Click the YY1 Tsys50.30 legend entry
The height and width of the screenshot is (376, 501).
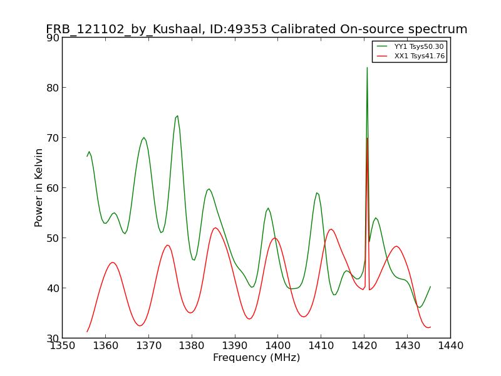pos(411,46)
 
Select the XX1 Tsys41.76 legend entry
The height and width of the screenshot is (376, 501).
pos(411,56)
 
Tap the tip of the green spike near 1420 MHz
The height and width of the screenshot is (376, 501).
pos(367,68)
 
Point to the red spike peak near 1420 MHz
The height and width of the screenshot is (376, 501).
pos(368,138)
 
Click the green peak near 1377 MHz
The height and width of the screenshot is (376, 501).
pos(177,116)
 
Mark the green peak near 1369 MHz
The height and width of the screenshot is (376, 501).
pos(144,137)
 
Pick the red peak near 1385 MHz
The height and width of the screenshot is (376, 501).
pos(215,227)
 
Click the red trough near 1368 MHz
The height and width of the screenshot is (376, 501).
pos(140,326)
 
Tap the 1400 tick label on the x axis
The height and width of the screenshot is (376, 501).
pos(277,346)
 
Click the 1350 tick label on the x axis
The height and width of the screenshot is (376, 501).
pos(62,346)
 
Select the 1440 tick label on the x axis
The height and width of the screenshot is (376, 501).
pos(450,346)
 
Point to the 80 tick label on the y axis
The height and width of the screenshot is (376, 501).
pos(53,88)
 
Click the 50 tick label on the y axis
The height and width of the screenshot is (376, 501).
pos(53,238)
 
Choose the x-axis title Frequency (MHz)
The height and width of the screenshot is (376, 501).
pos(257,358)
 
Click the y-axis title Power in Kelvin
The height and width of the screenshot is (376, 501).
pos(39,187)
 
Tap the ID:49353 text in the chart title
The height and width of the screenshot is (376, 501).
pos(238,29)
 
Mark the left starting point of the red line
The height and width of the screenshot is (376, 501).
pos(87,332)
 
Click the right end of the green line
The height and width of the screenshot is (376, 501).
pos(431,286)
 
